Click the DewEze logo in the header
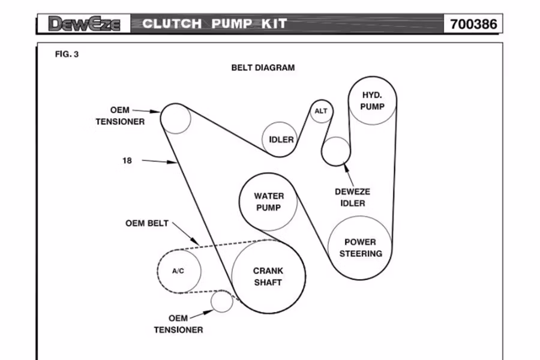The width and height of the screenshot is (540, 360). [85, 24]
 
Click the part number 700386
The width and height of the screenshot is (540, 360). [473, 24]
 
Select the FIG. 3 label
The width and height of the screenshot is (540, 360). [67, 54]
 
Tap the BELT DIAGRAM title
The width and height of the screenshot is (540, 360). [263, 68]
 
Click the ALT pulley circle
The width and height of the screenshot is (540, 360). [321, 111]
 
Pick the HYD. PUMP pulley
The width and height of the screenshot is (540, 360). [372, 101]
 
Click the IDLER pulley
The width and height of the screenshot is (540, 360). [281, 140]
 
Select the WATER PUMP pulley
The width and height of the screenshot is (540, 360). [269, 202]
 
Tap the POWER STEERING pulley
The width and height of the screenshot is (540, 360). [360, 247]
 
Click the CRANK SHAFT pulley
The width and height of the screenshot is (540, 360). [268, 277]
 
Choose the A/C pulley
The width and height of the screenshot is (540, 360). [178, 271]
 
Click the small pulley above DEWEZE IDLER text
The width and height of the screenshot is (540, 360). [336, 151]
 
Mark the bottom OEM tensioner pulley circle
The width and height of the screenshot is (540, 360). [221, 301]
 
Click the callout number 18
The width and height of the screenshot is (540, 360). [127, 160]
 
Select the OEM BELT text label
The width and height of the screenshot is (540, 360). [147, 223]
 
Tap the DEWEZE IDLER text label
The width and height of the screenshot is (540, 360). [352, 197]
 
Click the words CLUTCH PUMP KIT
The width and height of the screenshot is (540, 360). [215, 24]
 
